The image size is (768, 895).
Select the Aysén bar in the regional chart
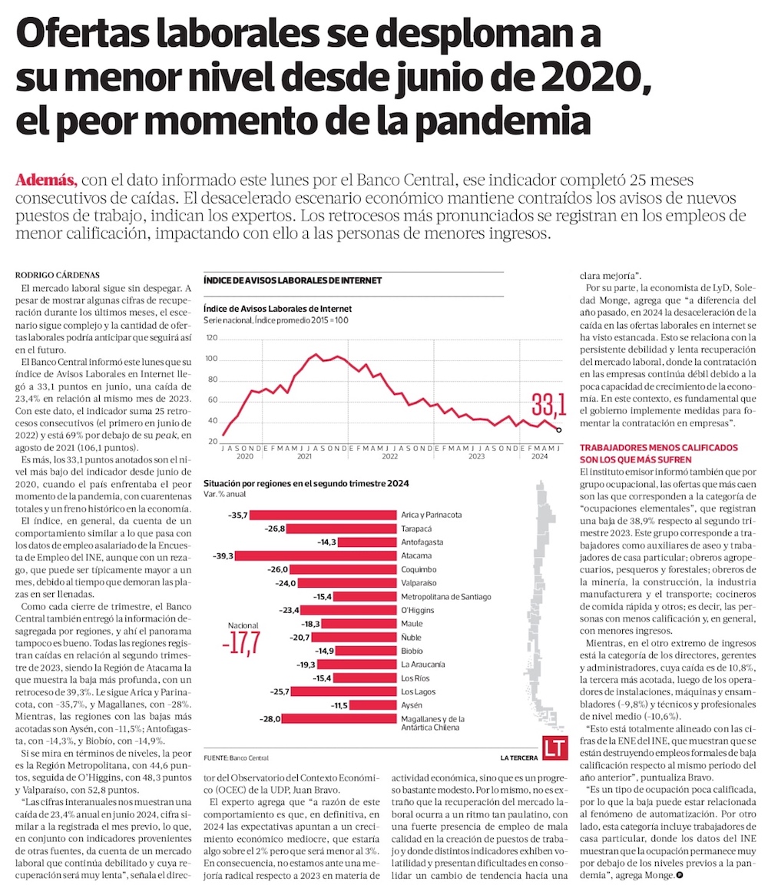click(x=374, y=705)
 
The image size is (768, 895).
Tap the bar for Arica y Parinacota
click(x=323, y=515)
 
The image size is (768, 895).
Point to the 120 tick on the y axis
click(x=211, y=338)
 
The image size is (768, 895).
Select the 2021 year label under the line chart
click(x=305, y=456)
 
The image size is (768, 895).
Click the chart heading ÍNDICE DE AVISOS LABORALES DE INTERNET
click(x=292, y=281)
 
